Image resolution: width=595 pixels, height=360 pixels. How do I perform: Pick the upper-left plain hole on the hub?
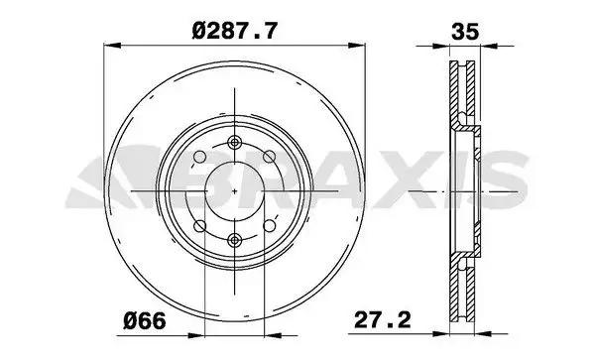click(x=198, y=157)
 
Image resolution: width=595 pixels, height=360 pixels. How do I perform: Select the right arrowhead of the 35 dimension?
click(x=486, y=45)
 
